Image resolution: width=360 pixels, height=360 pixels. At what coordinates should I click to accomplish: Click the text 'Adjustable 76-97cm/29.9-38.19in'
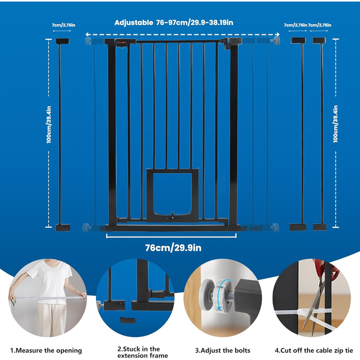click(174, 23)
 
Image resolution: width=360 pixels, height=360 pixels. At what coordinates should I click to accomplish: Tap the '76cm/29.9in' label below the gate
click(173, 248)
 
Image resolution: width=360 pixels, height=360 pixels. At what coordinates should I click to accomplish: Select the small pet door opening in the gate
click(172, 193)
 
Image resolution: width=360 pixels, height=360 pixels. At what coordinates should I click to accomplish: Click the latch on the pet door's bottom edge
click(173, 216)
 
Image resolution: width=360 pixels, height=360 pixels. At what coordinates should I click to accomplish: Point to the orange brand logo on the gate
click(122, 42)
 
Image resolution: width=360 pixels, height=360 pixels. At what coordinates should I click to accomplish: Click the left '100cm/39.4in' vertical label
click(49, 124)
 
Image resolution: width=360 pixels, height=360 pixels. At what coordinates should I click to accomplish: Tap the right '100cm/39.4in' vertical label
click(335, 124)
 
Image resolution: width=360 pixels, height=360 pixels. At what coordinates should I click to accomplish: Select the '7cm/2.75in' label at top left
click(63, 25)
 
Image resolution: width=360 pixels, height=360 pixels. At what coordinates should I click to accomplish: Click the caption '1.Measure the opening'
click(46, 351)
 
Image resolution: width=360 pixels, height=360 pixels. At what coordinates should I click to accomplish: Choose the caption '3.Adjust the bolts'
click(223, 351)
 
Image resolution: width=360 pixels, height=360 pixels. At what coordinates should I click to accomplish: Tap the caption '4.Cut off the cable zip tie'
click(314, 351)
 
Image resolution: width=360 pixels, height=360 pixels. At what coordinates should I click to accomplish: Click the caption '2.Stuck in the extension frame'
click(142, 352)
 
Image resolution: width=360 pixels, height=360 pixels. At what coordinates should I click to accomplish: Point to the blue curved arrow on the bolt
click(223, 296)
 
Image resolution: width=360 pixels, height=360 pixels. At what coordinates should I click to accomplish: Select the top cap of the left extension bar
click(62, 41)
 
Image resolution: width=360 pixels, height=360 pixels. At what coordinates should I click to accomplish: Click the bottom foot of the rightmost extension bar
click(319, 227)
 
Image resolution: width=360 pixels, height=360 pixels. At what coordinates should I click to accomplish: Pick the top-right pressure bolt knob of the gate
click(276, 41)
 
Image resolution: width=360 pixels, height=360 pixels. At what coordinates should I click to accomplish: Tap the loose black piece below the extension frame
click(128, 320)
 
